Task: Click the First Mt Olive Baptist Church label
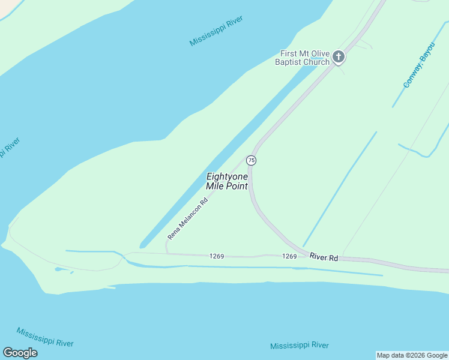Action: point(305,58)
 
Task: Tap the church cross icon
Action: point(339,57)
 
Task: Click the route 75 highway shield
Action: point(251,160)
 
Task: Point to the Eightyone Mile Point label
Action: point(227,181)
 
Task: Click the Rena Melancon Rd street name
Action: point(188,217)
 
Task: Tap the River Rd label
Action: point(324,257)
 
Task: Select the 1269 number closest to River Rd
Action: point(289,256)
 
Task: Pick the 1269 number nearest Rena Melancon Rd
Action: point(217,256)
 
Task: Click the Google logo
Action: point(20,353)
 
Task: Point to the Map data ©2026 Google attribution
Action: point(412,355)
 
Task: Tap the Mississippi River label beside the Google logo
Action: point(45,337)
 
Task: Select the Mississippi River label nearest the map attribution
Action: point(299,346)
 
